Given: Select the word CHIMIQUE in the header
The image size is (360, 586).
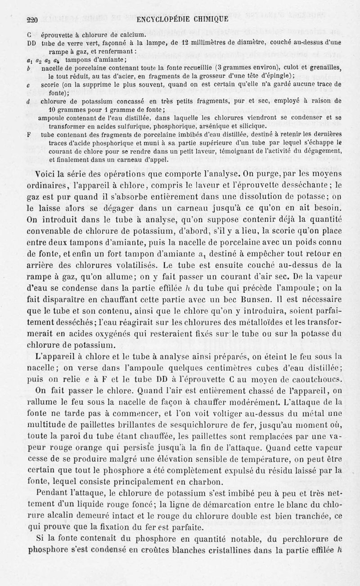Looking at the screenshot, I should click(x=211, y=19).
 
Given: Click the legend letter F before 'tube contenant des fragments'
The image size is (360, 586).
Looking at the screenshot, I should click(x=29, y=134).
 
